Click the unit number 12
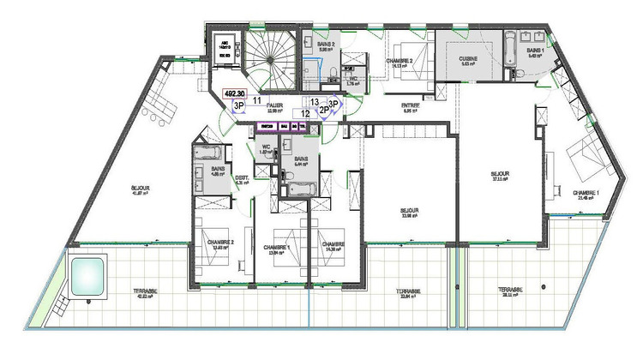pos(304,112)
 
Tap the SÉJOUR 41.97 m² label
pos(141,190)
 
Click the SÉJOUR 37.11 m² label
pos(500,174)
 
